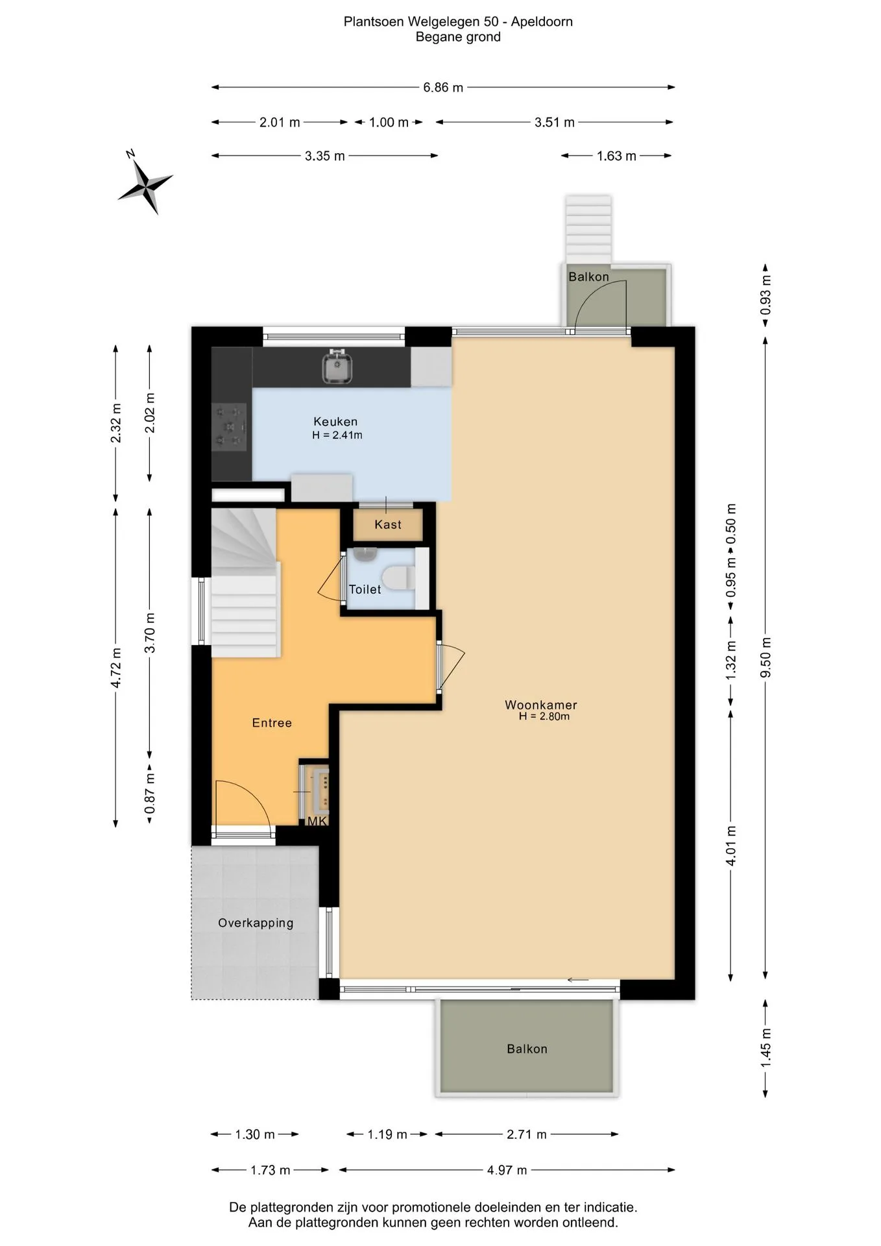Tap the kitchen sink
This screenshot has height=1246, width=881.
337,367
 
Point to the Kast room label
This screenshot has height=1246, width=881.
388,524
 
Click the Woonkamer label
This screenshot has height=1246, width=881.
541,705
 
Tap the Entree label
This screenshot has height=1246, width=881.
272,723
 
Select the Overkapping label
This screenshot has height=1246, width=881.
256,923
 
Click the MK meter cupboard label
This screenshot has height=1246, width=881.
317,822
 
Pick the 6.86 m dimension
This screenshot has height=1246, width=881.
443,87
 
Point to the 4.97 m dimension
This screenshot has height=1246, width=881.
507,1170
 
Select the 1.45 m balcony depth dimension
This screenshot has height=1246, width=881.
766,1048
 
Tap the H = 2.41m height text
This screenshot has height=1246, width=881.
337,435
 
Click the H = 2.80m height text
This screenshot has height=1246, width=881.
544,716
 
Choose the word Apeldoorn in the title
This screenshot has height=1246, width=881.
542,22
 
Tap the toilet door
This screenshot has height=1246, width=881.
332,577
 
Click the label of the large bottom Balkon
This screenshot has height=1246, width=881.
527,1049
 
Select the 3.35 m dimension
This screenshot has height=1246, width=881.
325,156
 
